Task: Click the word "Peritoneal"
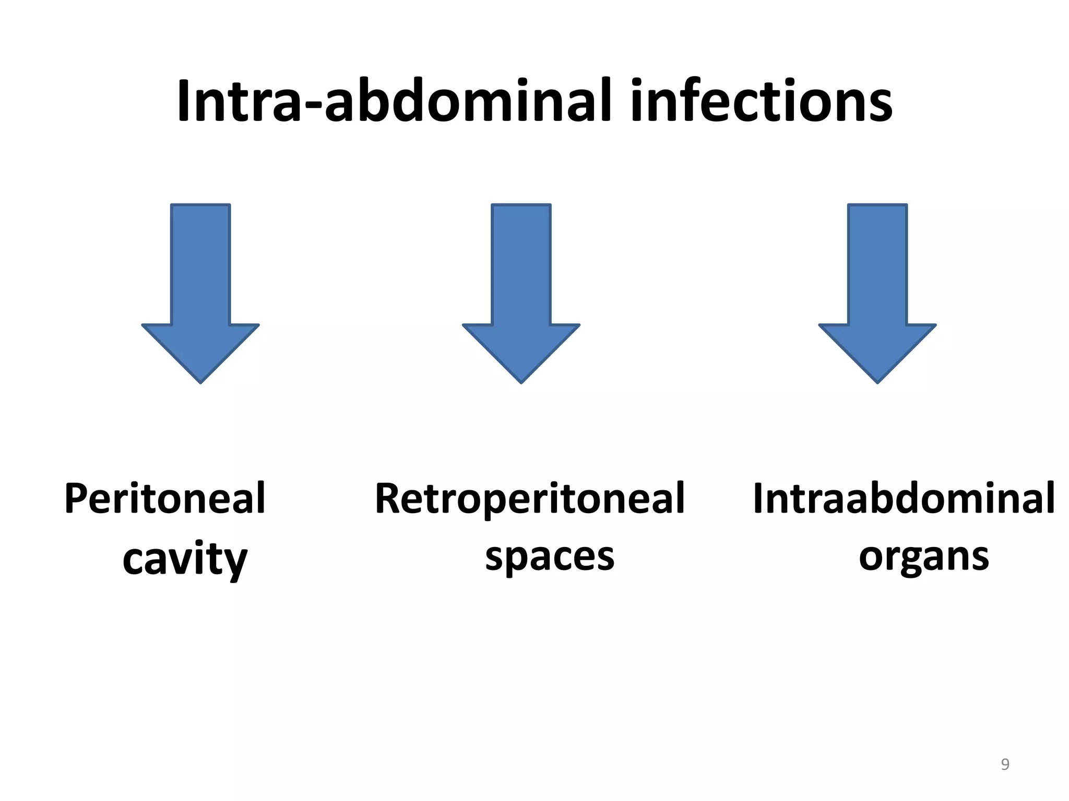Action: click(165, 499)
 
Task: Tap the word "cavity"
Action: click(185, 560)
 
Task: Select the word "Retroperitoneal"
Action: click(529, 499)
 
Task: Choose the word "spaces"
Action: click(550, 557)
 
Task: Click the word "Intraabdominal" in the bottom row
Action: click(904, 499)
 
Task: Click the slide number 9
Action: click(1005, 764)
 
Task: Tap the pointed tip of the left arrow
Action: click(200, 381)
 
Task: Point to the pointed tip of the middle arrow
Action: click(521, 381)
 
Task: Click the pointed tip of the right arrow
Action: click(877, 381)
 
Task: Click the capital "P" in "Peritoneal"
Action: click(76, 499)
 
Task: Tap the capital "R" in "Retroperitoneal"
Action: click(389, 499)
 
